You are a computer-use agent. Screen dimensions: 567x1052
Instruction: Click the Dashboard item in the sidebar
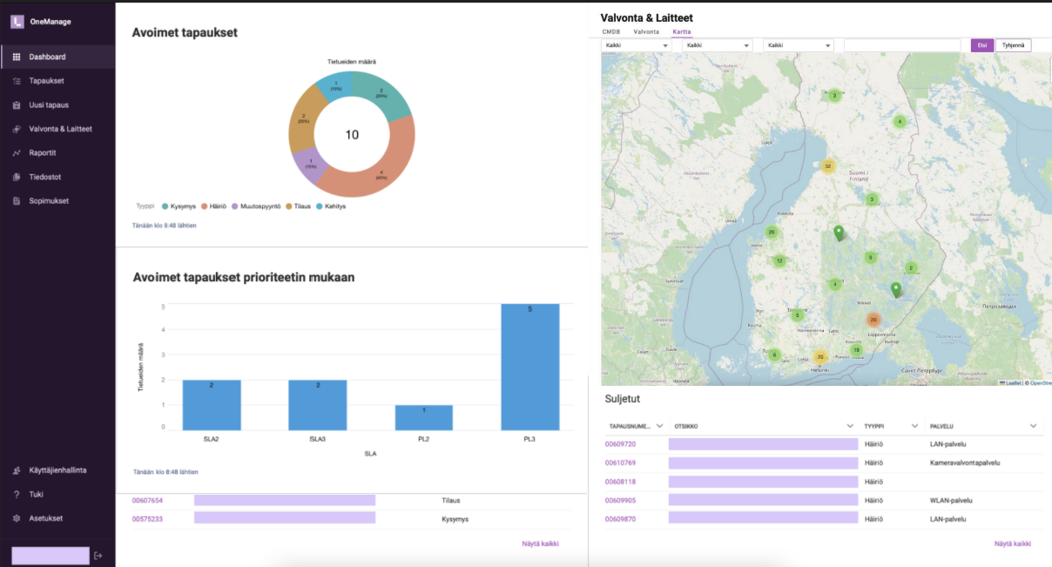pos(47,57)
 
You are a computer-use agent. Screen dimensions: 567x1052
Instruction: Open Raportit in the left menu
pos(43,152)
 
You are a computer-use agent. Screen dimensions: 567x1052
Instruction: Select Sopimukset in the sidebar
pos(49,200)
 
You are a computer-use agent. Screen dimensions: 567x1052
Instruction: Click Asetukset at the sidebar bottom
pos(46,518)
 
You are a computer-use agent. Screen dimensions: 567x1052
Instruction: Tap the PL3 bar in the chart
pos(529,366)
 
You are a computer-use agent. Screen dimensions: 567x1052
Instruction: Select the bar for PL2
pos(423,417)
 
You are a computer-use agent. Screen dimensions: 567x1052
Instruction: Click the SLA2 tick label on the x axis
pos(211,439)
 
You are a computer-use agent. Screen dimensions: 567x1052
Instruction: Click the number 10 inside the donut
pos(352,135)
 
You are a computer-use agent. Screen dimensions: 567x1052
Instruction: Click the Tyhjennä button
pos(1013,45)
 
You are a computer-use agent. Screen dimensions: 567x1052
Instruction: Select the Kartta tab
pos(682,31)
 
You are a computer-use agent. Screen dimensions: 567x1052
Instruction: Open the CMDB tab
pos(611,31)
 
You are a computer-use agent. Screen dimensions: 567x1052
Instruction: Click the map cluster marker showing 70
pos(819,356)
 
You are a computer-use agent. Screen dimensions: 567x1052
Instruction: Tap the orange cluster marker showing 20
pos(873,320)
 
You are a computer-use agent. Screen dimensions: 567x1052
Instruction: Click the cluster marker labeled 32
pos(828,166)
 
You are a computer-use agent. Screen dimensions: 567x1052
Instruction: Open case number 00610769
pos(620,462)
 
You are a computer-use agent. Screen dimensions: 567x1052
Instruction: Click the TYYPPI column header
pos(873,426)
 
